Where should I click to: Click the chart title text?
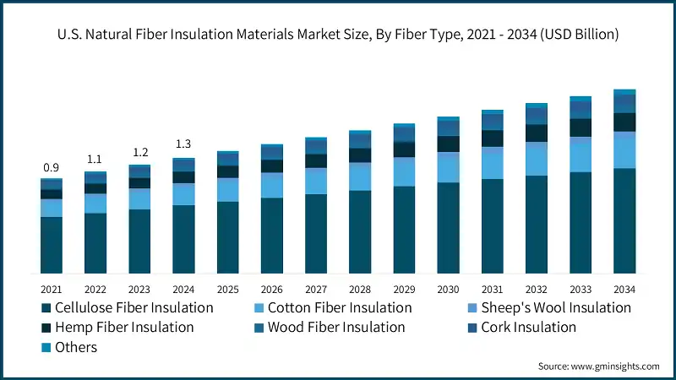coord(338,35)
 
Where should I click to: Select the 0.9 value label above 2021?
coord(52,168)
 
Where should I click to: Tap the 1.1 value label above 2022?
coord(95,159)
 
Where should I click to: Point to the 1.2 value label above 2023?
coord(139,152)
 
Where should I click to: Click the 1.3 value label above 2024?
coord(183,144)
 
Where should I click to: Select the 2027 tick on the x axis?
coord(316,289)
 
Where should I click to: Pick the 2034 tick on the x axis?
coord(624,289)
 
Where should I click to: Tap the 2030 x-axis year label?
coord(448,289)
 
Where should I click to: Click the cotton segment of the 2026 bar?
coord(272,185)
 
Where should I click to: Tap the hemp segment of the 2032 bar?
coord(536,133)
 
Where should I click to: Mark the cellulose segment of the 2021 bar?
coord(52,245)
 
